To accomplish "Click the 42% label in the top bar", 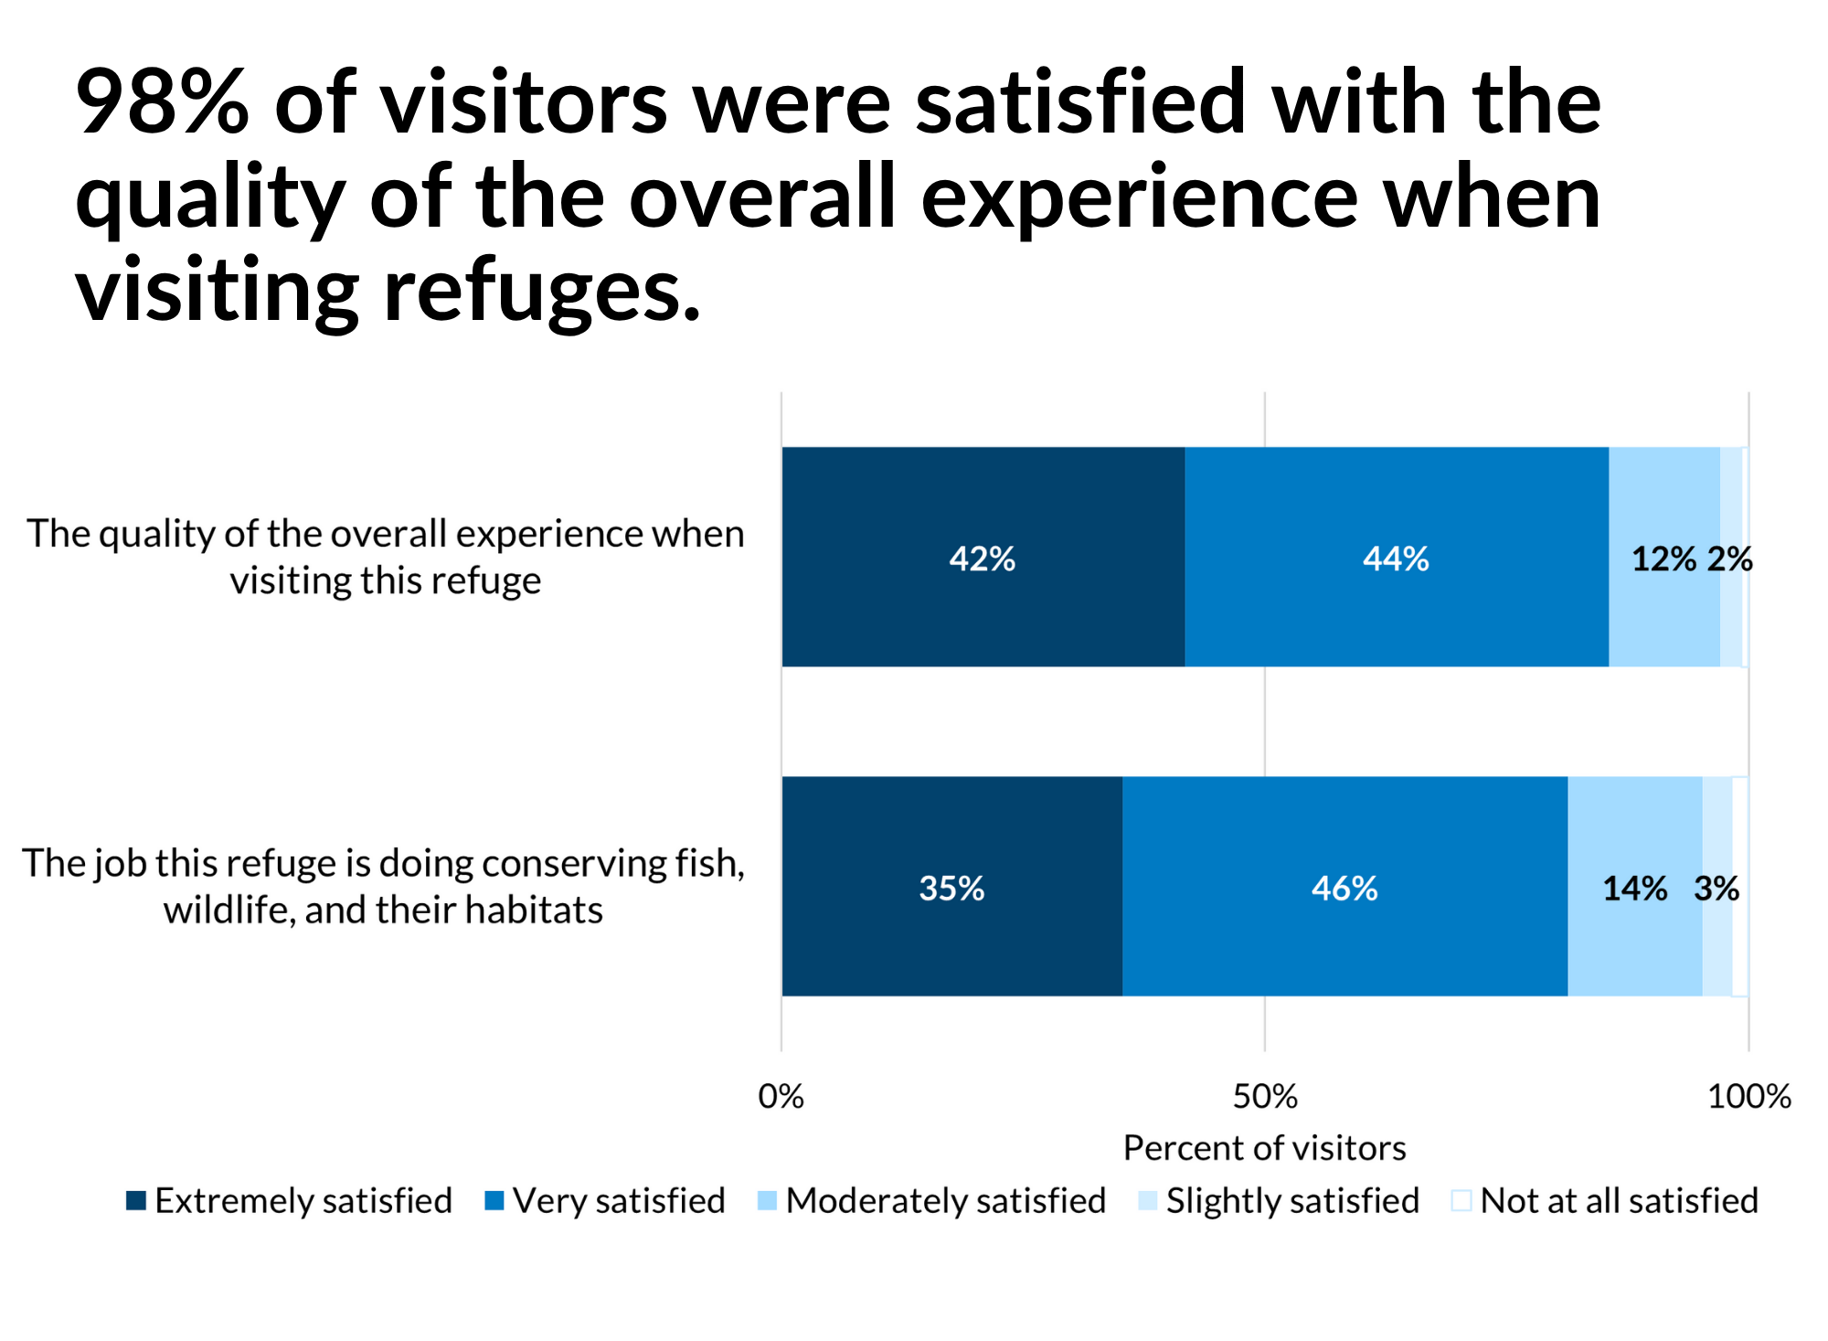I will tap(982, 559).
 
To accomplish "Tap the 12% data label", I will tap(1663, 559).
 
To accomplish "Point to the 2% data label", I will tap(1730, 559).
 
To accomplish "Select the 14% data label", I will tap(1634, 888).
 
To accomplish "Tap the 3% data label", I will tap(1716, 888).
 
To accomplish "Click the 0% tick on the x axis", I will tap(781, 1096).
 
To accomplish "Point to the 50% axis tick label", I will tap(1265, 1096).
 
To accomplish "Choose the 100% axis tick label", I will tap(1748, 1096).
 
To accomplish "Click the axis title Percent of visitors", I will tap(1264, 1147).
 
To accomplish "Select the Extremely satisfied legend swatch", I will tap(136, 1201).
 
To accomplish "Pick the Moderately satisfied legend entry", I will tap(932, 1201).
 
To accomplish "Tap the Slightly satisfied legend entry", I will tap(1280, 1201).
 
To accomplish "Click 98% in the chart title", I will tap(162, 102).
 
